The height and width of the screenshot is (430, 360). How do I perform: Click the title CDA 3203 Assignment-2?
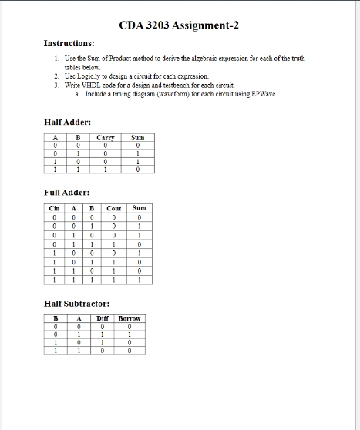(x=180, y=26)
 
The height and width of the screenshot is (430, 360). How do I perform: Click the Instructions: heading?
(x=69, y=44)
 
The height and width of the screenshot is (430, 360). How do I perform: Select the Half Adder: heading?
(x=69, y=123)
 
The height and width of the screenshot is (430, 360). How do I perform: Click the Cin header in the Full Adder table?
(x=54, y=208)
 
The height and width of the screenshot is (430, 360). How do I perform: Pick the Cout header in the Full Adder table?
(x=113, y=208)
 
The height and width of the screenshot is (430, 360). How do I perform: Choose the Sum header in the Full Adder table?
(x=139, y=208)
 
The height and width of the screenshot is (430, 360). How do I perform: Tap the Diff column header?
(x=103, y=318)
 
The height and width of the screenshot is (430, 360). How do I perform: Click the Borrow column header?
(x=130, y=318)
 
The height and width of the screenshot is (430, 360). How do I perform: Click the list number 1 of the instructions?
(x=56, y=59)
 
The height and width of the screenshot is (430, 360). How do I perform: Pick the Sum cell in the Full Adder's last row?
(x=139, y=281)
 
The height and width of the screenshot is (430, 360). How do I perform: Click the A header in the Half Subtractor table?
(x=79, y=318)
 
